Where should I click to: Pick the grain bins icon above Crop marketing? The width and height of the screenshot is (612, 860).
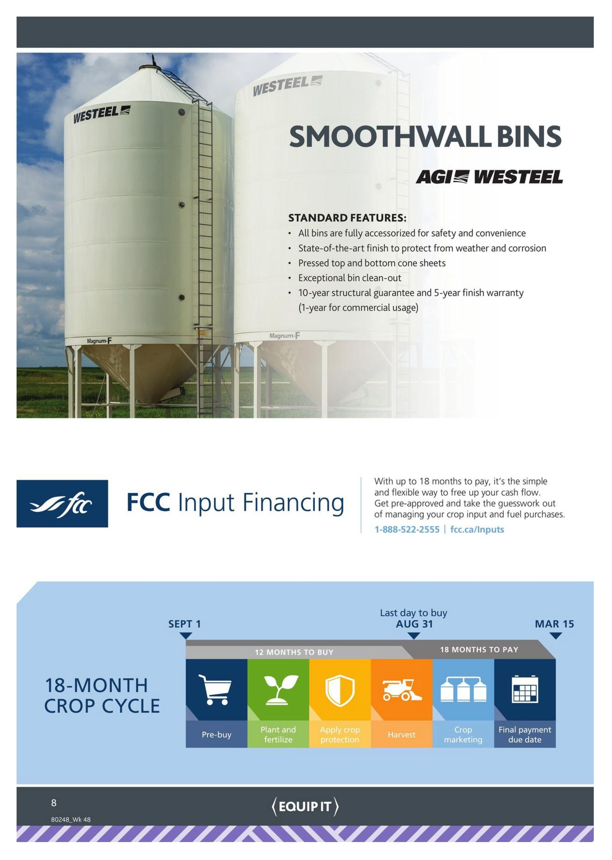pyautogui.click(x=463, y=689)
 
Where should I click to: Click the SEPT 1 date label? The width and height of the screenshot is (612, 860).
pyautogui.click(x=185, y=624)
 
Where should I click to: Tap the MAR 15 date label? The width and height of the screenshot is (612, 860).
pyautogui.click(x=554, y=624)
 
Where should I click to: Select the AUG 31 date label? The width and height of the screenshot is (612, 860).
pyautogui.click(x=414, y=624)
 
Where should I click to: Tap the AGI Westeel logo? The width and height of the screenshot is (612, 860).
pyautogui.click(x=489, y=177)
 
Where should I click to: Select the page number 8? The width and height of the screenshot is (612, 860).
pyautogui.click(x=54, y=803)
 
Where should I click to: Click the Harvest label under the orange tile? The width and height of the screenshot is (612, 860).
pyautogui.click(x=402, y=735)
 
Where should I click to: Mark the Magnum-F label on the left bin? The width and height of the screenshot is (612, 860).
pyautogui.click(x=99, y=341)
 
